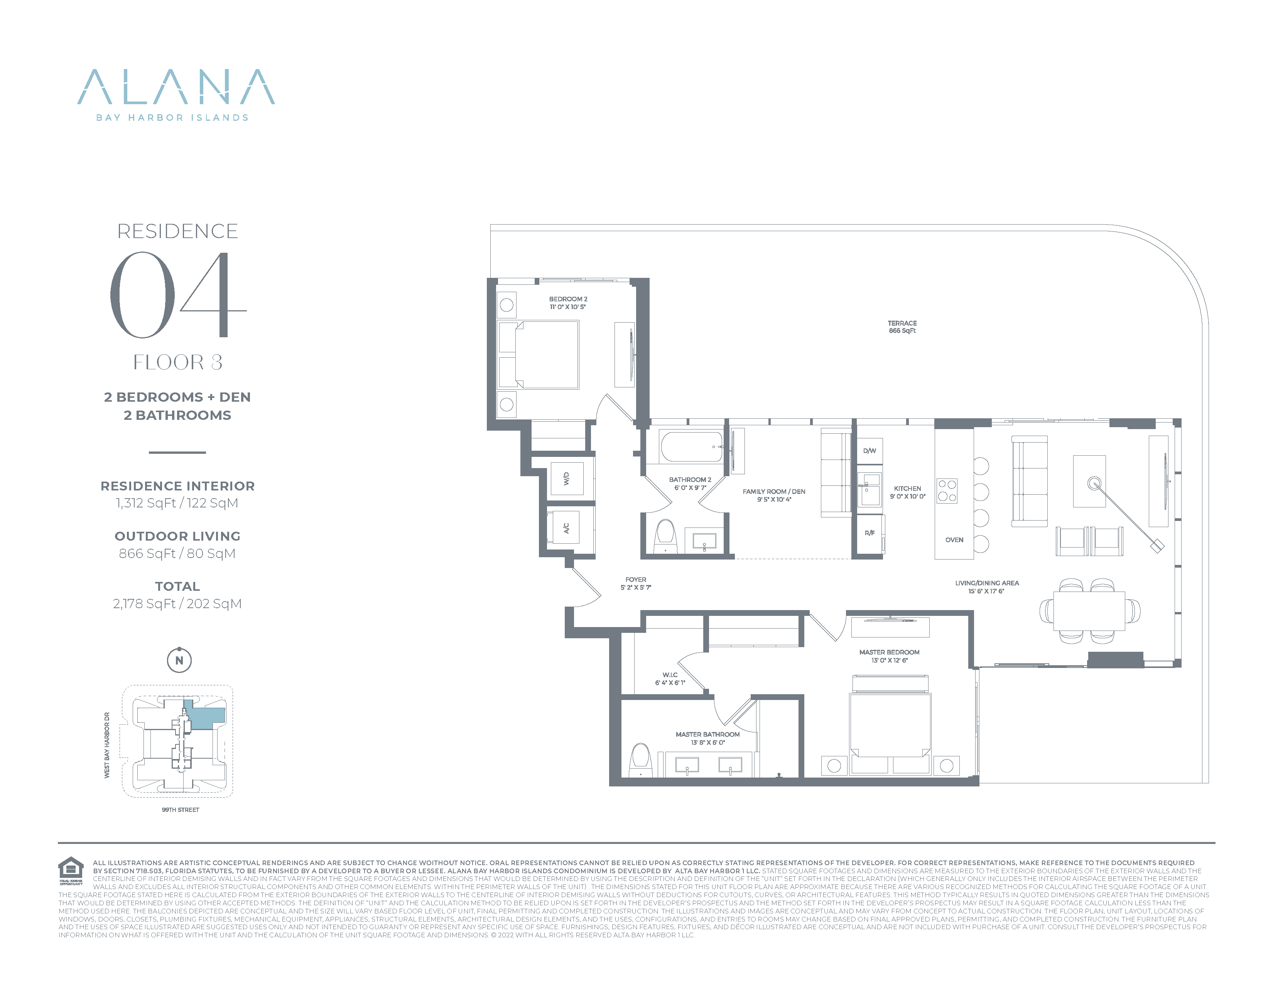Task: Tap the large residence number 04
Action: click(x=178, y=295)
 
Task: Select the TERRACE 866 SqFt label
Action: click(x=902, y=327)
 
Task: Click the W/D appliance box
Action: click(x=567, y=478)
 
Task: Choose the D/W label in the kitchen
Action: click(x=869, y=451)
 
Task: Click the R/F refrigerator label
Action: click(x=869, y=533)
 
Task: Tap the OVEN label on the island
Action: click(x=954, y=540)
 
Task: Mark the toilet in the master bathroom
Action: click(x=641, y=759)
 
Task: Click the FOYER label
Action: click(x=635, y=583)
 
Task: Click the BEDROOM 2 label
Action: click(x=568, y=303)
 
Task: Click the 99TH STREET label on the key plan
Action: click(x=181, y=810)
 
